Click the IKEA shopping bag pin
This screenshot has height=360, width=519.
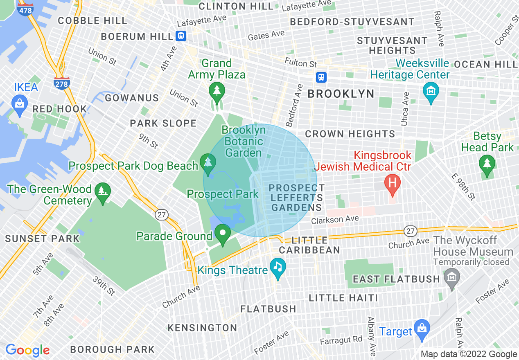[x=19, y=103]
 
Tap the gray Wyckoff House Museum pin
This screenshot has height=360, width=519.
[x=451, y=279]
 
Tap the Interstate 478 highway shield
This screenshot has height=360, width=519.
[x=26, y=10]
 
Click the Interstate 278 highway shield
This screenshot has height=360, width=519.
[x=61, y=83]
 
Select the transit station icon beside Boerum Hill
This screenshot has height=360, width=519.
[x=181, y=36]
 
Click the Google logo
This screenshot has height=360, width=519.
[x=27, y=350]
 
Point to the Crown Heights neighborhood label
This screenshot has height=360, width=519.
[x=350, y=134]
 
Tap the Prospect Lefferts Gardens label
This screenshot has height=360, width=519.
[x=297, y=198]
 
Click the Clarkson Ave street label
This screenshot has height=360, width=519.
[x=335, y=220]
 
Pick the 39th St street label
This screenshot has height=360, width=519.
[x=104, y=286]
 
